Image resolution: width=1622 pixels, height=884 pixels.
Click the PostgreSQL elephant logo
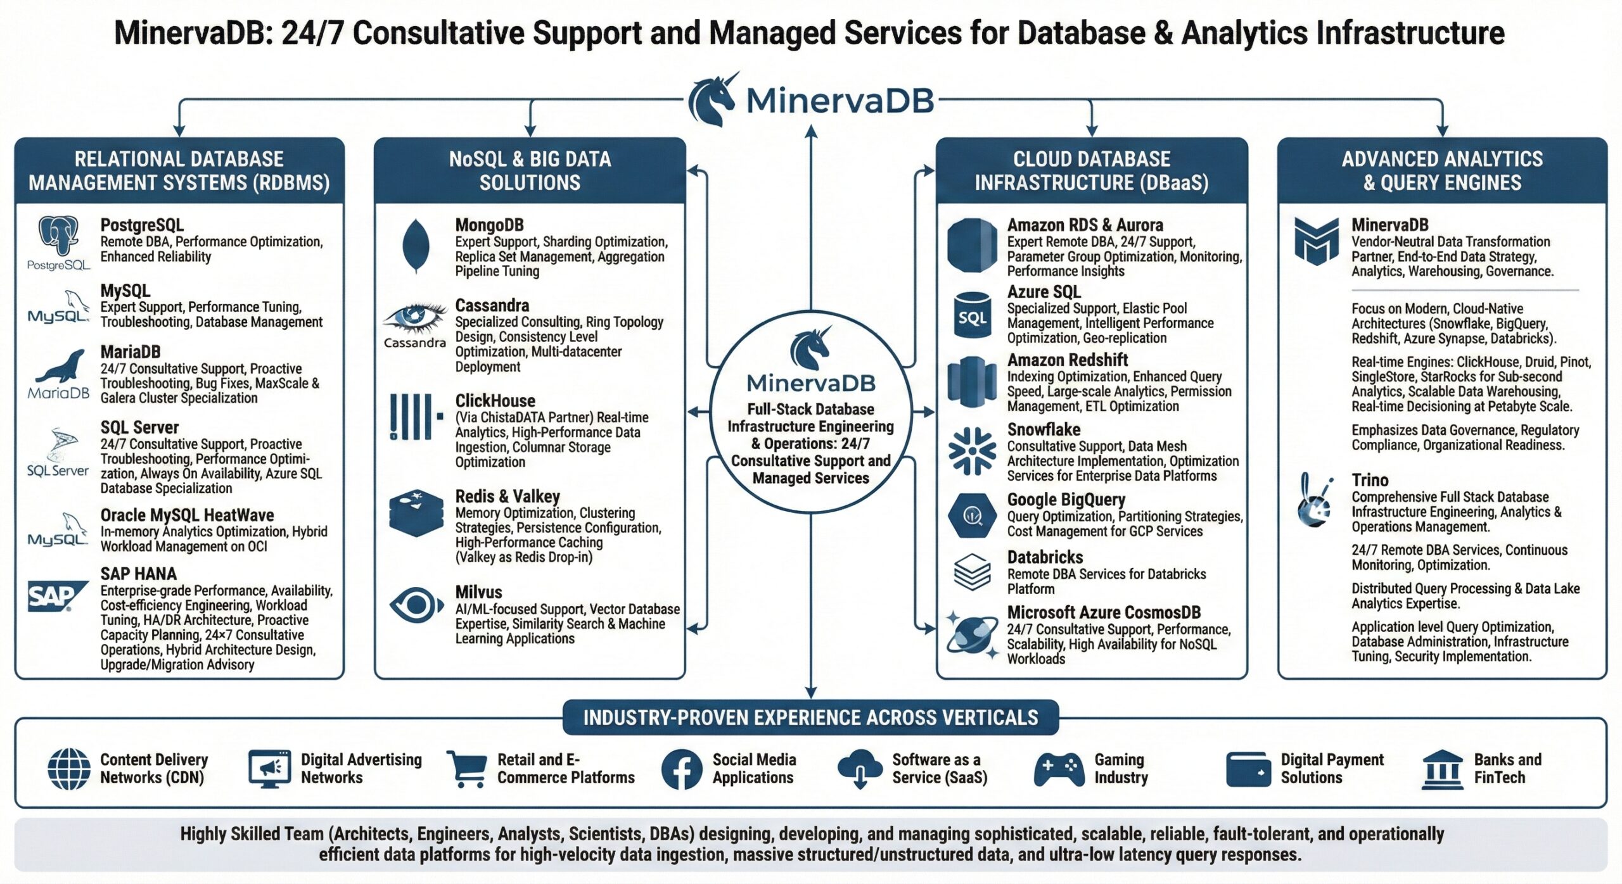[x=58, y=236]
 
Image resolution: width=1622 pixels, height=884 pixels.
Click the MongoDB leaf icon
[x=416, y=246]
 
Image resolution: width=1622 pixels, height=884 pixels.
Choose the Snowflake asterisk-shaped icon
[x=972, y=451]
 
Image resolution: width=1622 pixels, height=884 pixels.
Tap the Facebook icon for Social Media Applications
[x=682, y=769]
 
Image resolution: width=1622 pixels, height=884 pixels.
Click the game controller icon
[x=1059, y=769]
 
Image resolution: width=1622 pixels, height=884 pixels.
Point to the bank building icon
[x=1442, y=769]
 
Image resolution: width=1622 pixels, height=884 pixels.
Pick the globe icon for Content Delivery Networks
[x=69, y=769]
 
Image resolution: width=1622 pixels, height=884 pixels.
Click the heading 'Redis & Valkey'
[x=508, y=496]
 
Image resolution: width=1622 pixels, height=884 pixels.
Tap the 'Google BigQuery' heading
[x=1066, y=500]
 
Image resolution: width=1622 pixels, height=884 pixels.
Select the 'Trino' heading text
[x=1370, y=480]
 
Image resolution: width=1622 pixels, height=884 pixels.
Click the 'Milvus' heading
[x=478, y=592]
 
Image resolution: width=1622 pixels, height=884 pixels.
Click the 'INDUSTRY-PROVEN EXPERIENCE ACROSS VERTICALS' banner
[x=810, y=717]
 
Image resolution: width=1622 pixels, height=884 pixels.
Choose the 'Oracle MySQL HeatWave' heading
[x=187, y=515]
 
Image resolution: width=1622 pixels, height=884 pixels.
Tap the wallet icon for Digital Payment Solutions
[x=1248, y=769]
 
